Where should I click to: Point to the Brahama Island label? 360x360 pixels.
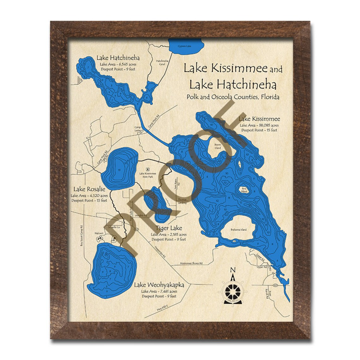point(238,230)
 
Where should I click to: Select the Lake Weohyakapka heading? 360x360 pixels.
point(159,285)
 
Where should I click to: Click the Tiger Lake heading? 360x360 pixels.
point(169,228)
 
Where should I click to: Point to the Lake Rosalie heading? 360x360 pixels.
point(89,189)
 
